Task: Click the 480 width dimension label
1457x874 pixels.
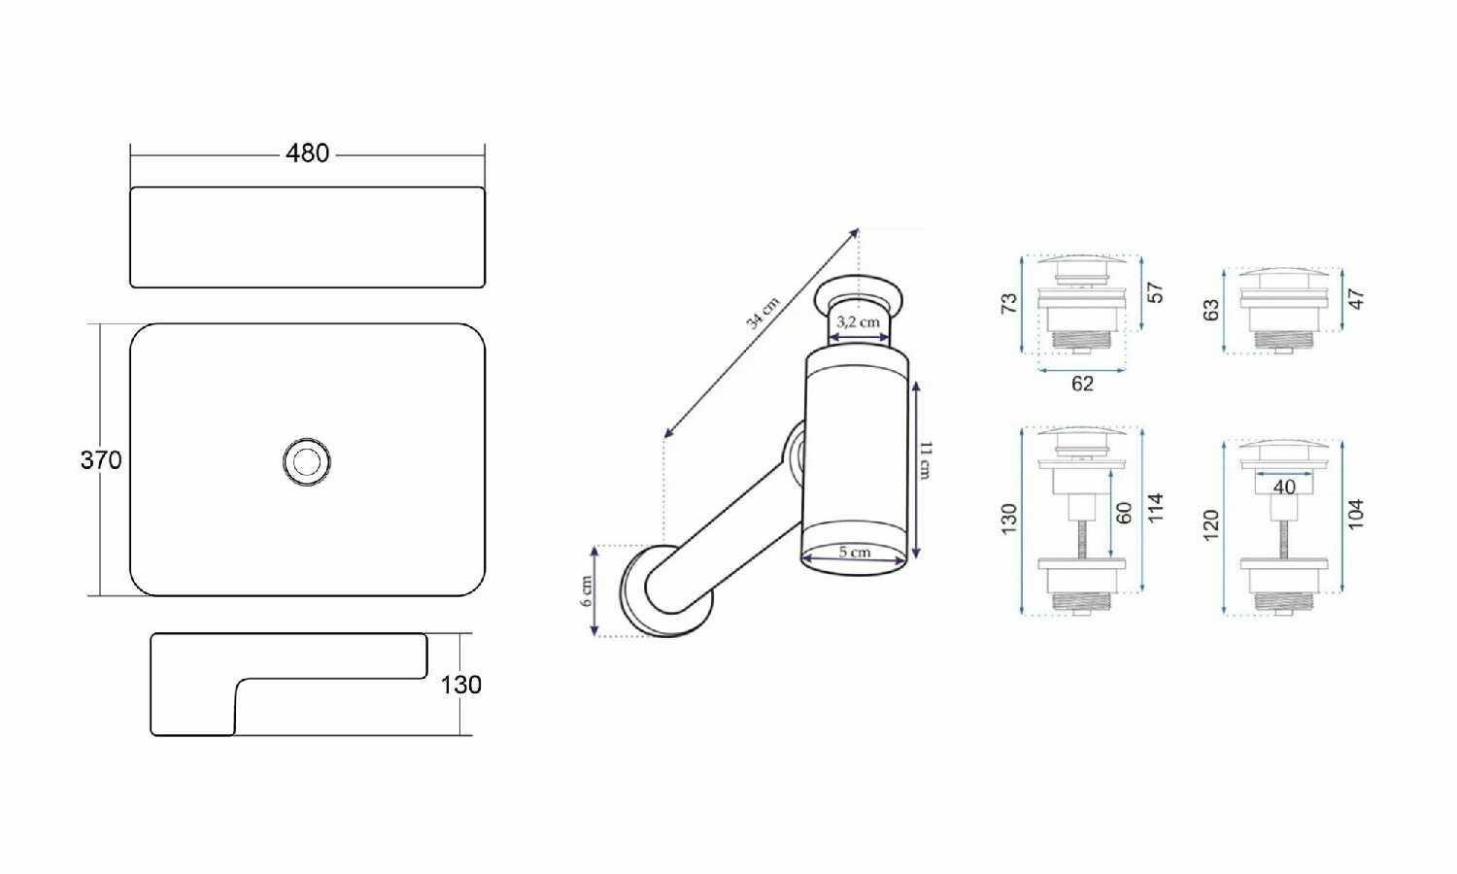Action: coord(307,153)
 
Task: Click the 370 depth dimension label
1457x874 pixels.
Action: coord(101,460)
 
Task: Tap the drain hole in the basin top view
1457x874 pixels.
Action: coord(306,461)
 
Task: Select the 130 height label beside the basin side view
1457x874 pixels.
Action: coord(461,685)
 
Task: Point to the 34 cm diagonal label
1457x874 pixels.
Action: coord(762,313)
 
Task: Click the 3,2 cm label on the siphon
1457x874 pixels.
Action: coord(858,321)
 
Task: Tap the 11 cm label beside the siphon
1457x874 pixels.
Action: coord(926,459)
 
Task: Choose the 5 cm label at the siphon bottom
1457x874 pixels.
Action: coord(854,553)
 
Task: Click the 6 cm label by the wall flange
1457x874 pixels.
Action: coord(586,591)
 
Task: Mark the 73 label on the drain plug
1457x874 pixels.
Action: coord(1009,303)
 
